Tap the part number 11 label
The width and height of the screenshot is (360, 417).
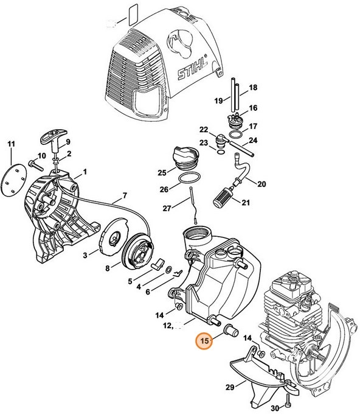[x=10, y=144]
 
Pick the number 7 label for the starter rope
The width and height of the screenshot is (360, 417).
[x=124, y=196]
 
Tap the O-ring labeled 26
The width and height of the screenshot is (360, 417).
[x=189, y=179]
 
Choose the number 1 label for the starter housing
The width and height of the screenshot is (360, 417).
[x=85, y=172]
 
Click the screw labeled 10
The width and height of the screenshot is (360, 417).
[x=33, y=164]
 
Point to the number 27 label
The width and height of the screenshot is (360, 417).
[x=167, y=209]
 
